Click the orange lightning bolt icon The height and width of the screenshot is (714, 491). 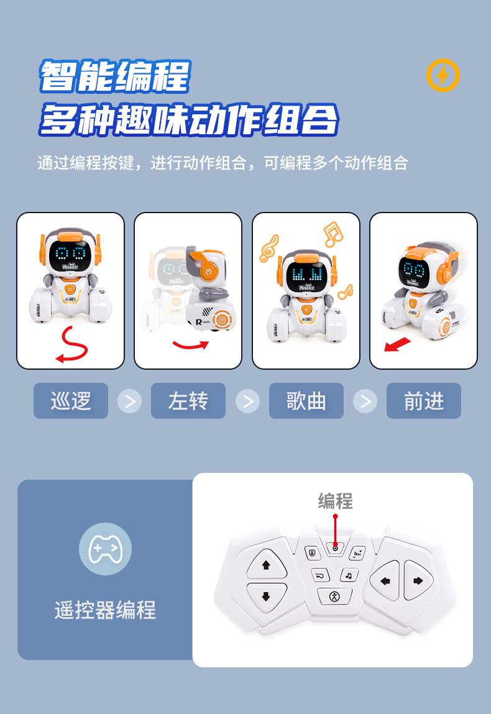(442, 76)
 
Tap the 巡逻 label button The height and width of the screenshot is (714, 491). (70, 401)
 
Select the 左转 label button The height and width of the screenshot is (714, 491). (188, 401)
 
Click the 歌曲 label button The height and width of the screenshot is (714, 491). (306, 401)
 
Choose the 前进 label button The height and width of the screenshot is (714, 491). (424, 401)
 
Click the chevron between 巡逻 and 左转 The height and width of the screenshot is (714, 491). (129, 401)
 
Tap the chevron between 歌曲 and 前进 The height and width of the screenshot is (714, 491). (365, 401)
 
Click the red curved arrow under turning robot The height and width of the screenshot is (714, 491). (190, 344)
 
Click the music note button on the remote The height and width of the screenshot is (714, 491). (349, 575)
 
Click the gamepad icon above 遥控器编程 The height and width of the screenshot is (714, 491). (105, 549)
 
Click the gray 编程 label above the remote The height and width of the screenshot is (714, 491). (335, 501)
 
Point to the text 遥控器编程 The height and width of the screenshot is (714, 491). (105, 610)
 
